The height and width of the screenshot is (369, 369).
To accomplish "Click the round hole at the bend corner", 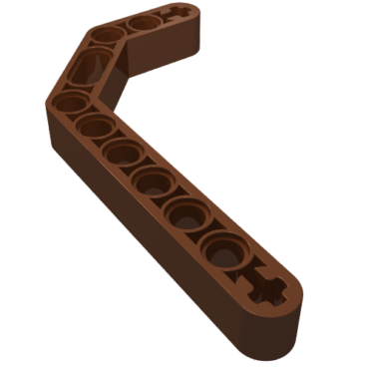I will click(72, 104).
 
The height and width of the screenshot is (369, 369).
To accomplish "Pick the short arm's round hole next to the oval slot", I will click(109, 38).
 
